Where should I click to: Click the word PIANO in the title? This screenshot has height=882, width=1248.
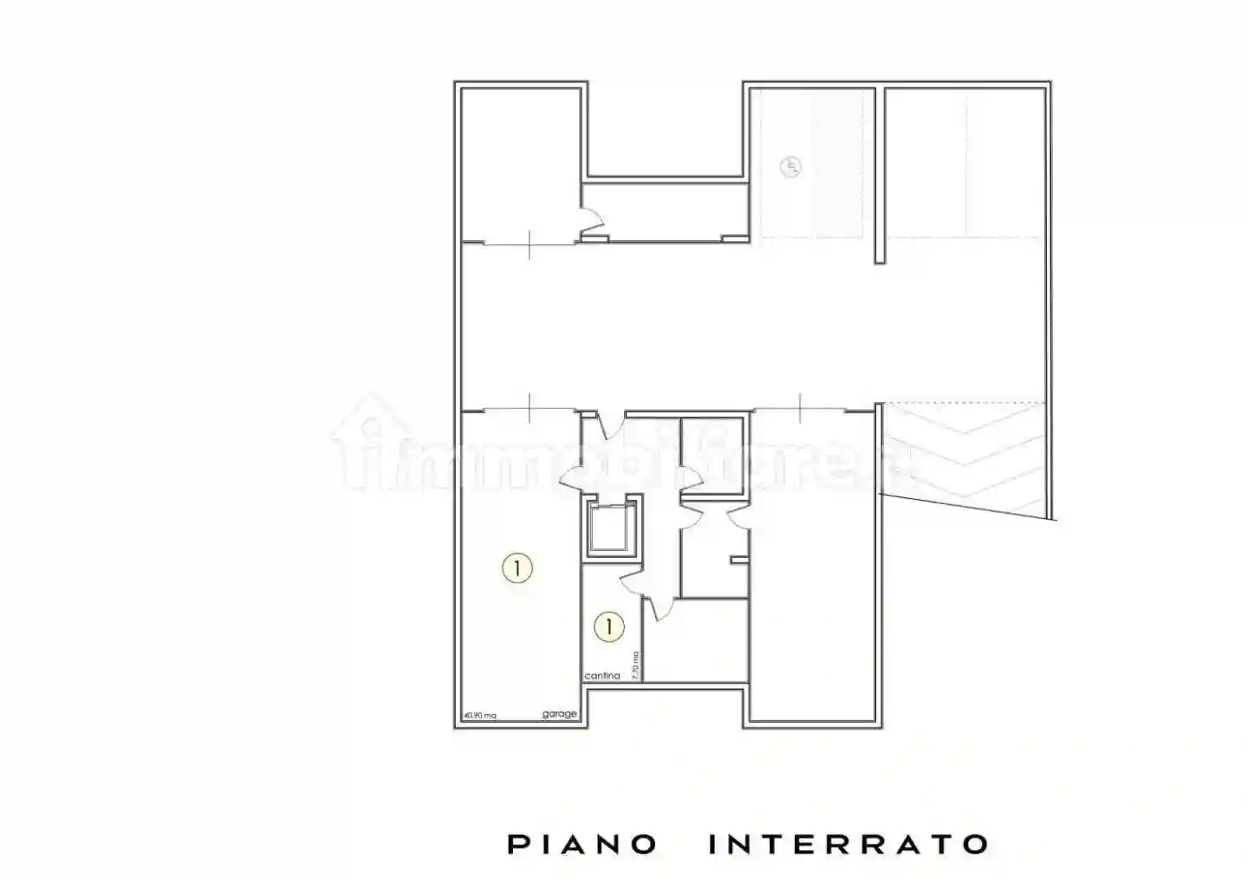click(582, 844)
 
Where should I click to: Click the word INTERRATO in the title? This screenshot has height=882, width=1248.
click(848, 844)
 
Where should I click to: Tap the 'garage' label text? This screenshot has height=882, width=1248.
click(559, 714)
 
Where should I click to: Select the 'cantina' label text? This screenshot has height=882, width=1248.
click(602, 676)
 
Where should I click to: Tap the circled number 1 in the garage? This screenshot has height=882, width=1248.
click(517, 568)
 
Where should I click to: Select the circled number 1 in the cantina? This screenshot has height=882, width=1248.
click(609, 626)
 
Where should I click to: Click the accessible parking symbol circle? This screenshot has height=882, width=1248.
click(790, 166)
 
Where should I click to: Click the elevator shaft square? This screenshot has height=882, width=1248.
click(611, 528)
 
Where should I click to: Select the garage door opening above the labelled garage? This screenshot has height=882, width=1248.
click(529, 408)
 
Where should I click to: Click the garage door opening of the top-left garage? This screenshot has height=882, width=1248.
click(529, 245)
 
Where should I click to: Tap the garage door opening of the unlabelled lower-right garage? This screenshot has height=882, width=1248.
click(801, 408)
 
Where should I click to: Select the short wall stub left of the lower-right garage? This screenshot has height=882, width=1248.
click(738, 561)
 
